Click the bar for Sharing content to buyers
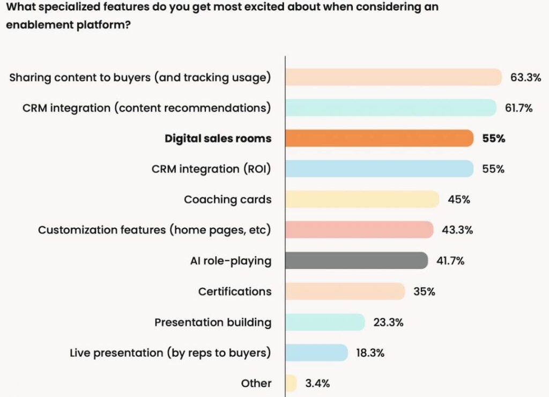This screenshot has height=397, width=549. click(393, 77)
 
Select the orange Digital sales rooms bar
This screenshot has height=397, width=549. click(379, 138)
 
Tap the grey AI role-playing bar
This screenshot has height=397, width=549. click(356, 261)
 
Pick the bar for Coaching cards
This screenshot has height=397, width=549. click(362, 200)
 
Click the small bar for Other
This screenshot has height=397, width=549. click(291, 383)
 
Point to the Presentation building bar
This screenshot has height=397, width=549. click(325, 322)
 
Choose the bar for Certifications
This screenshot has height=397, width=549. click(345, 291)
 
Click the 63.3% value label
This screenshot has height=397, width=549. click(525, 77)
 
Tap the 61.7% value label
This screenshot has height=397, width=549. click(518, 108)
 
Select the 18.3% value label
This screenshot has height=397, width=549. click(370, 352)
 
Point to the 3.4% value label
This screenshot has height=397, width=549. click(318, 383)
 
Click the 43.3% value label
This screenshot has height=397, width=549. click(457, 230)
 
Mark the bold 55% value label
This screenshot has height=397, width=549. click(493, 138)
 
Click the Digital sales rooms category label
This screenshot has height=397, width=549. click(218, 138)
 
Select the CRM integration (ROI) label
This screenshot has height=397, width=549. click(211, 169)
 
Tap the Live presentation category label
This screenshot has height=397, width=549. click(170, 352)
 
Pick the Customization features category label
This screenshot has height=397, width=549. click(154, 230)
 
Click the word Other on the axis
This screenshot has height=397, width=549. click(256, 383)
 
